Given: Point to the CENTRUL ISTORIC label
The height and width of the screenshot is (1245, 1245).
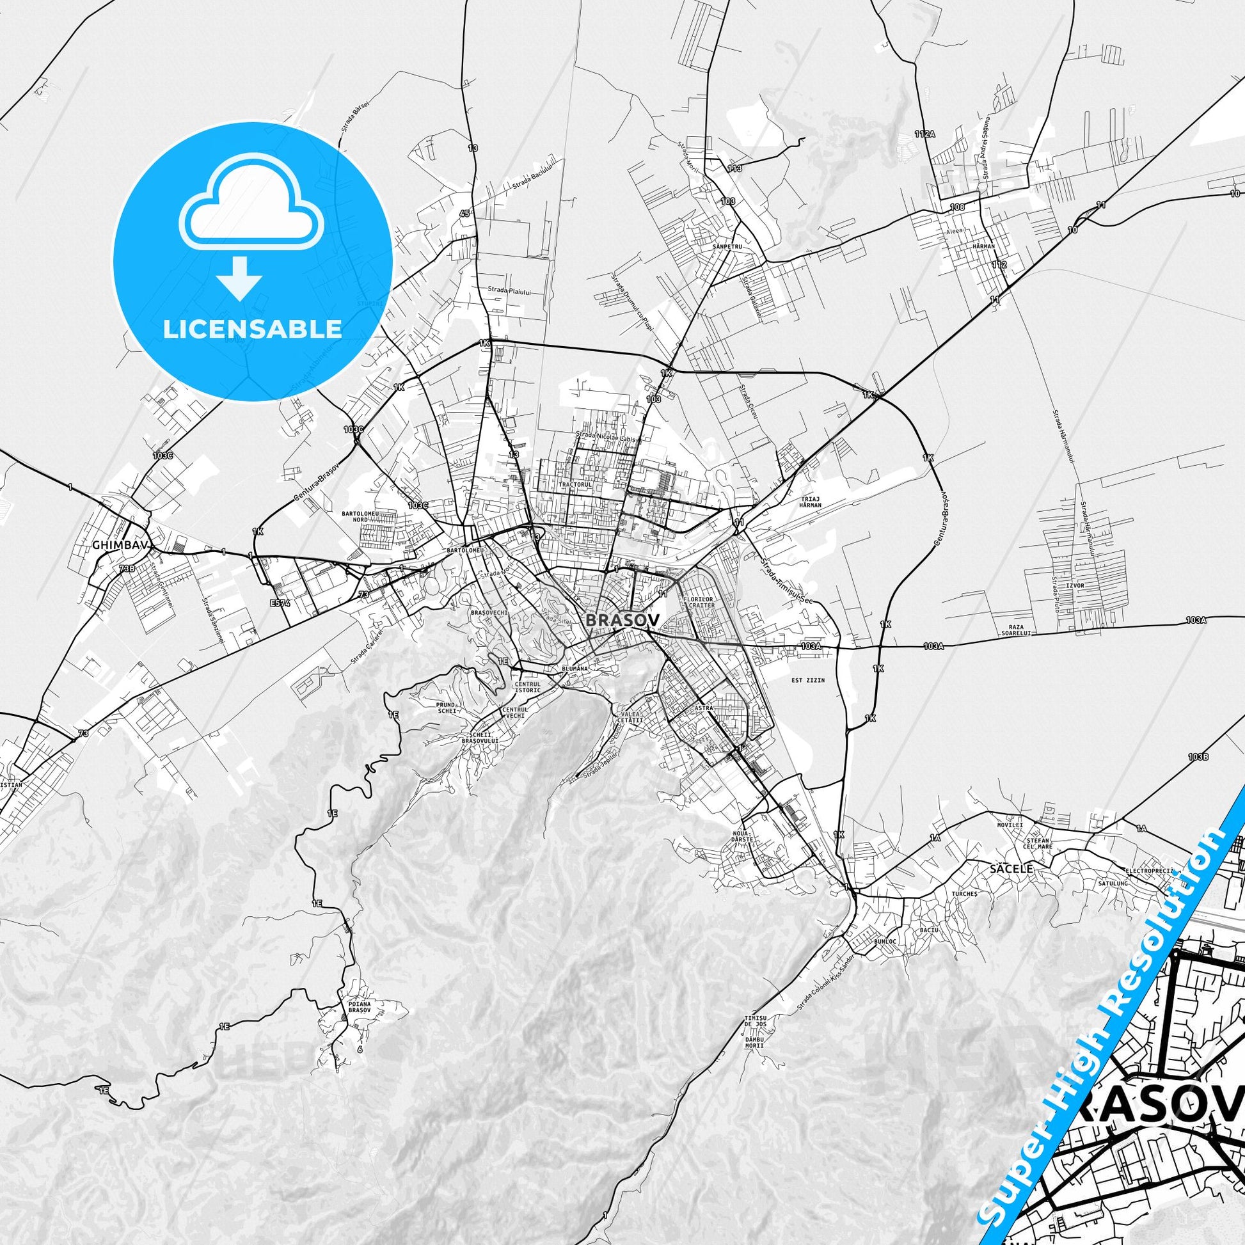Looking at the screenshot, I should click(528, 686).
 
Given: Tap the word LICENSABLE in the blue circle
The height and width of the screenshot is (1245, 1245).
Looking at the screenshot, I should click(252, 329).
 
